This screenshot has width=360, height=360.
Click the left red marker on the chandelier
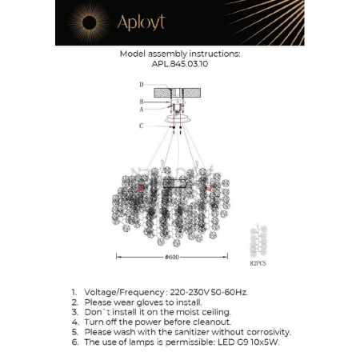coord(142,187)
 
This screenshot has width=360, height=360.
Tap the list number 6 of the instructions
coord(74,341)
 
